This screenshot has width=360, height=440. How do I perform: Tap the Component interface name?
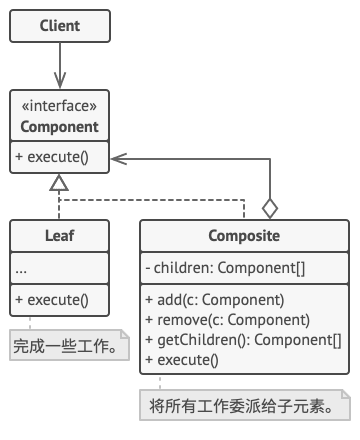pyautogui.click(x=59, y=127)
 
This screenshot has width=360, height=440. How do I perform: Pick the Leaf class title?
pyautogui.click(x=59, y=237)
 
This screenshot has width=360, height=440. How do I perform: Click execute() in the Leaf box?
pyautogui.click(x=53, y=298)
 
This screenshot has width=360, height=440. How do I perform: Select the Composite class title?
pyautogui.click(x=244, y=237)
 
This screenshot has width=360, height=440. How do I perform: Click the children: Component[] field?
pyautogui.click(x=225, y=267)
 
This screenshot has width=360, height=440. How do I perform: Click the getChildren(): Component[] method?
pyautogui.click(x=243, y=339)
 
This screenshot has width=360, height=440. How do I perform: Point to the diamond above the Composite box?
pyautogui.click(x=268, y=208)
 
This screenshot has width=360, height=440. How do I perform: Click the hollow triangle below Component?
pyautogui.click(x=59, y=184)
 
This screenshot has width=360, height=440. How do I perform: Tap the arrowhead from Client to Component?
pyautogui.click(x=59, y=82)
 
